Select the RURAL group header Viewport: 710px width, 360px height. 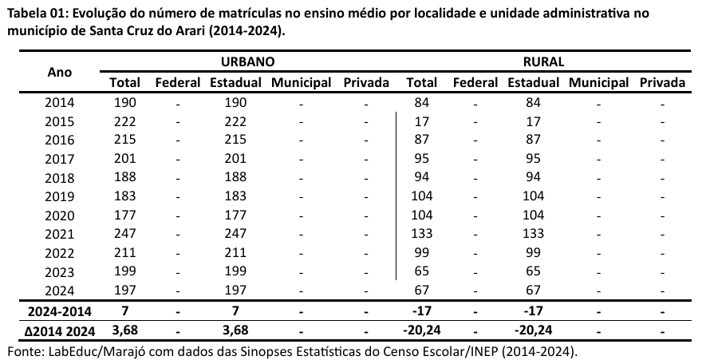coord(543,61)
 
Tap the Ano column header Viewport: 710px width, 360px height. coord(60,72)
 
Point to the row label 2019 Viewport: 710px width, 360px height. coord(60,196)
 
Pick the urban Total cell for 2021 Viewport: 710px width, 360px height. coord(125,233)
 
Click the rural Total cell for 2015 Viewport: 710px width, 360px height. coord(421,121)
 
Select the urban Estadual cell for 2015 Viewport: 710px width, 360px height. coord(236,121)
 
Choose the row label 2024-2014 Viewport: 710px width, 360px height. coord(60,310)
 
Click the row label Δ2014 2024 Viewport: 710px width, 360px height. coord(60,330)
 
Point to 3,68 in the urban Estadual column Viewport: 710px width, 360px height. coord(236,330)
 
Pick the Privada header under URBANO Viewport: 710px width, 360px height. coord(366,82)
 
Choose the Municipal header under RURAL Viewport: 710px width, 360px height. coord(599,82)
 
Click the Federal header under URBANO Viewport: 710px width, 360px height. coord(178,82)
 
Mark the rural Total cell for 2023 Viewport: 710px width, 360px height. coord(421,271)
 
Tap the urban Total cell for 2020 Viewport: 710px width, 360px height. coord(125,215)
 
